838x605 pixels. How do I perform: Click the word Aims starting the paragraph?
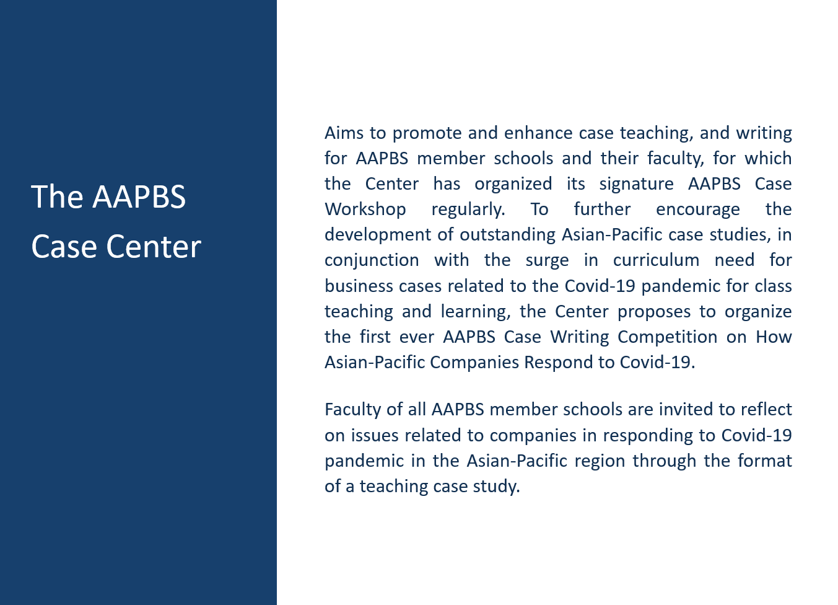[x=344, y=133]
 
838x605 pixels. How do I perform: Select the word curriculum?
[x=656, y=260]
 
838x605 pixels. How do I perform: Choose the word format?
[x=765, y=461]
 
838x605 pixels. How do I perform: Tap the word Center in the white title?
[x=154, y=247]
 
